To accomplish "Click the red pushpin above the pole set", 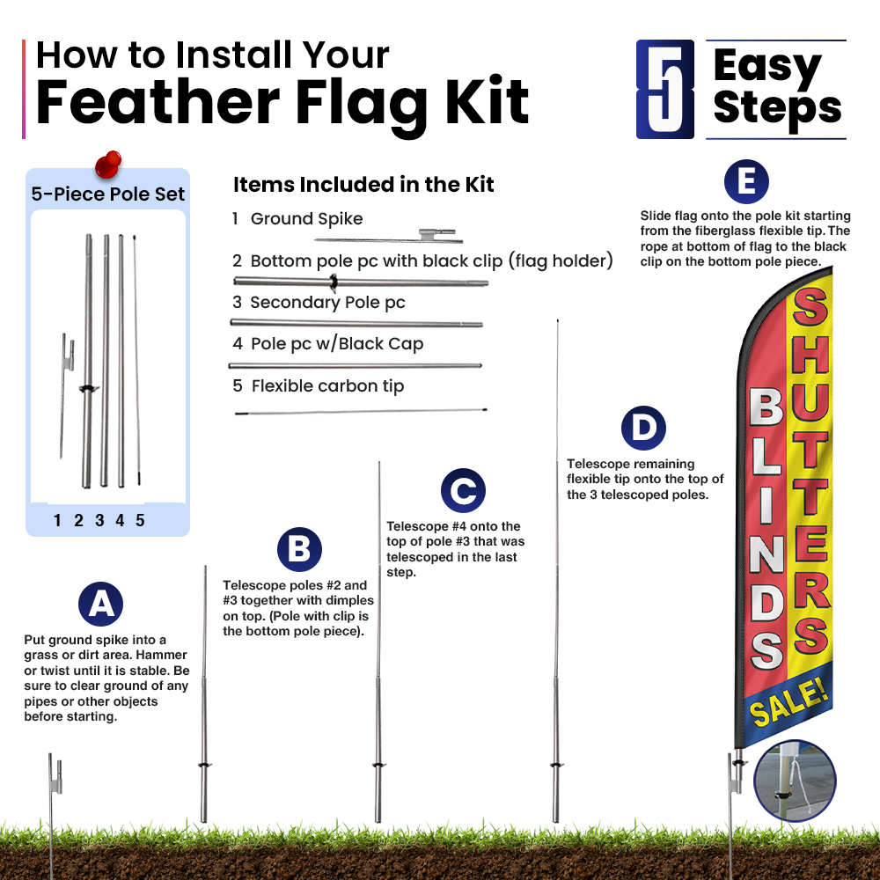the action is [x=108, y=165].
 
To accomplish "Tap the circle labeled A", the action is [x=100, y=604].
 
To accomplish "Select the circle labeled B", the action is [x=299, y=549].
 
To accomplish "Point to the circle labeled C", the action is [x=463, y=490].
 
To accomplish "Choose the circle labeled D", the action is [x=643, y=429].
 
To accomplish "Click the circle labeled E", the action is [x=746, y=182].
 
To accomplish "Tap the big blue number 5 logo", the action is [x=665, y=89].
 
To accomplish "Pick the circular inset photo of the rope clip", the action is [x=795, y=781].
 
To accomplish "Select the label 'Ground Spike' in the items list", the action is [x=306, y=219].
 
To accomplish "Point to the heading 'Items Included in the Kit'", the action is [x=363, y=185].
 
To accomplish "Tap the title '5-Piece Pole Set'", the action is [x=107, y=194].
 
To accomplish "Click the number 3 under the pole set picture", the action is [x=99, y=520].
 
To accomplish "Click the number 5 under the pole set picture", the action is [x=140, y=520].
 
